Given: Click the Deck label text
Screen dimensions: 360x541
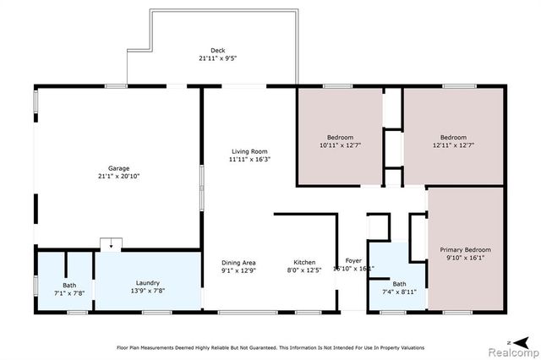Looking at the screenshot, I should (217, 51).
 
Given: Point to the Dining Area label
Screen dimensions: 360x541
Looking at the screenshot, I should (238, 262).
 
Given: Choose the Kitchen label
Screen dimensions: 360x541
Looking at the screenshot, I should (304, 262).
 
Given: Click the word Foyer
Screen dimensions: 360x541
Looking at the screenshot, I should (353, 261).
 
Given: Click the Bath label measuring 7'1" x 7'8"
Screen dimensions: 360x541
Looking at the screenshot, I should (68, 284).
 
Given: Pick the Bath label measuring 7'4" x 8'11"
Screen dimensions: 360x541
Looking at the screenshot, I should (399, 284).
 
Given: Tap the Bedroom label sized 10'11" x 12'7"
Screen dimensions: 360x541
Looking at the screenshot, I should (340, 137).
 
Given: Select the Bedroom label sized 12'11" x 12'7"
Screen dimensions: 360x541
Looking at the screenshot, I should (453, 137).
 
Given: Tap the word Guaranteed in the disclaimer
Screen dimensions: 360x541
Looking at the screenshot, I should (268, 347).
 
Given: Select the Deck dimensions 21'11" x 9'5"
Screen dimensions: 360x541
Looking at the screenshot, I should (217, 59).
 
